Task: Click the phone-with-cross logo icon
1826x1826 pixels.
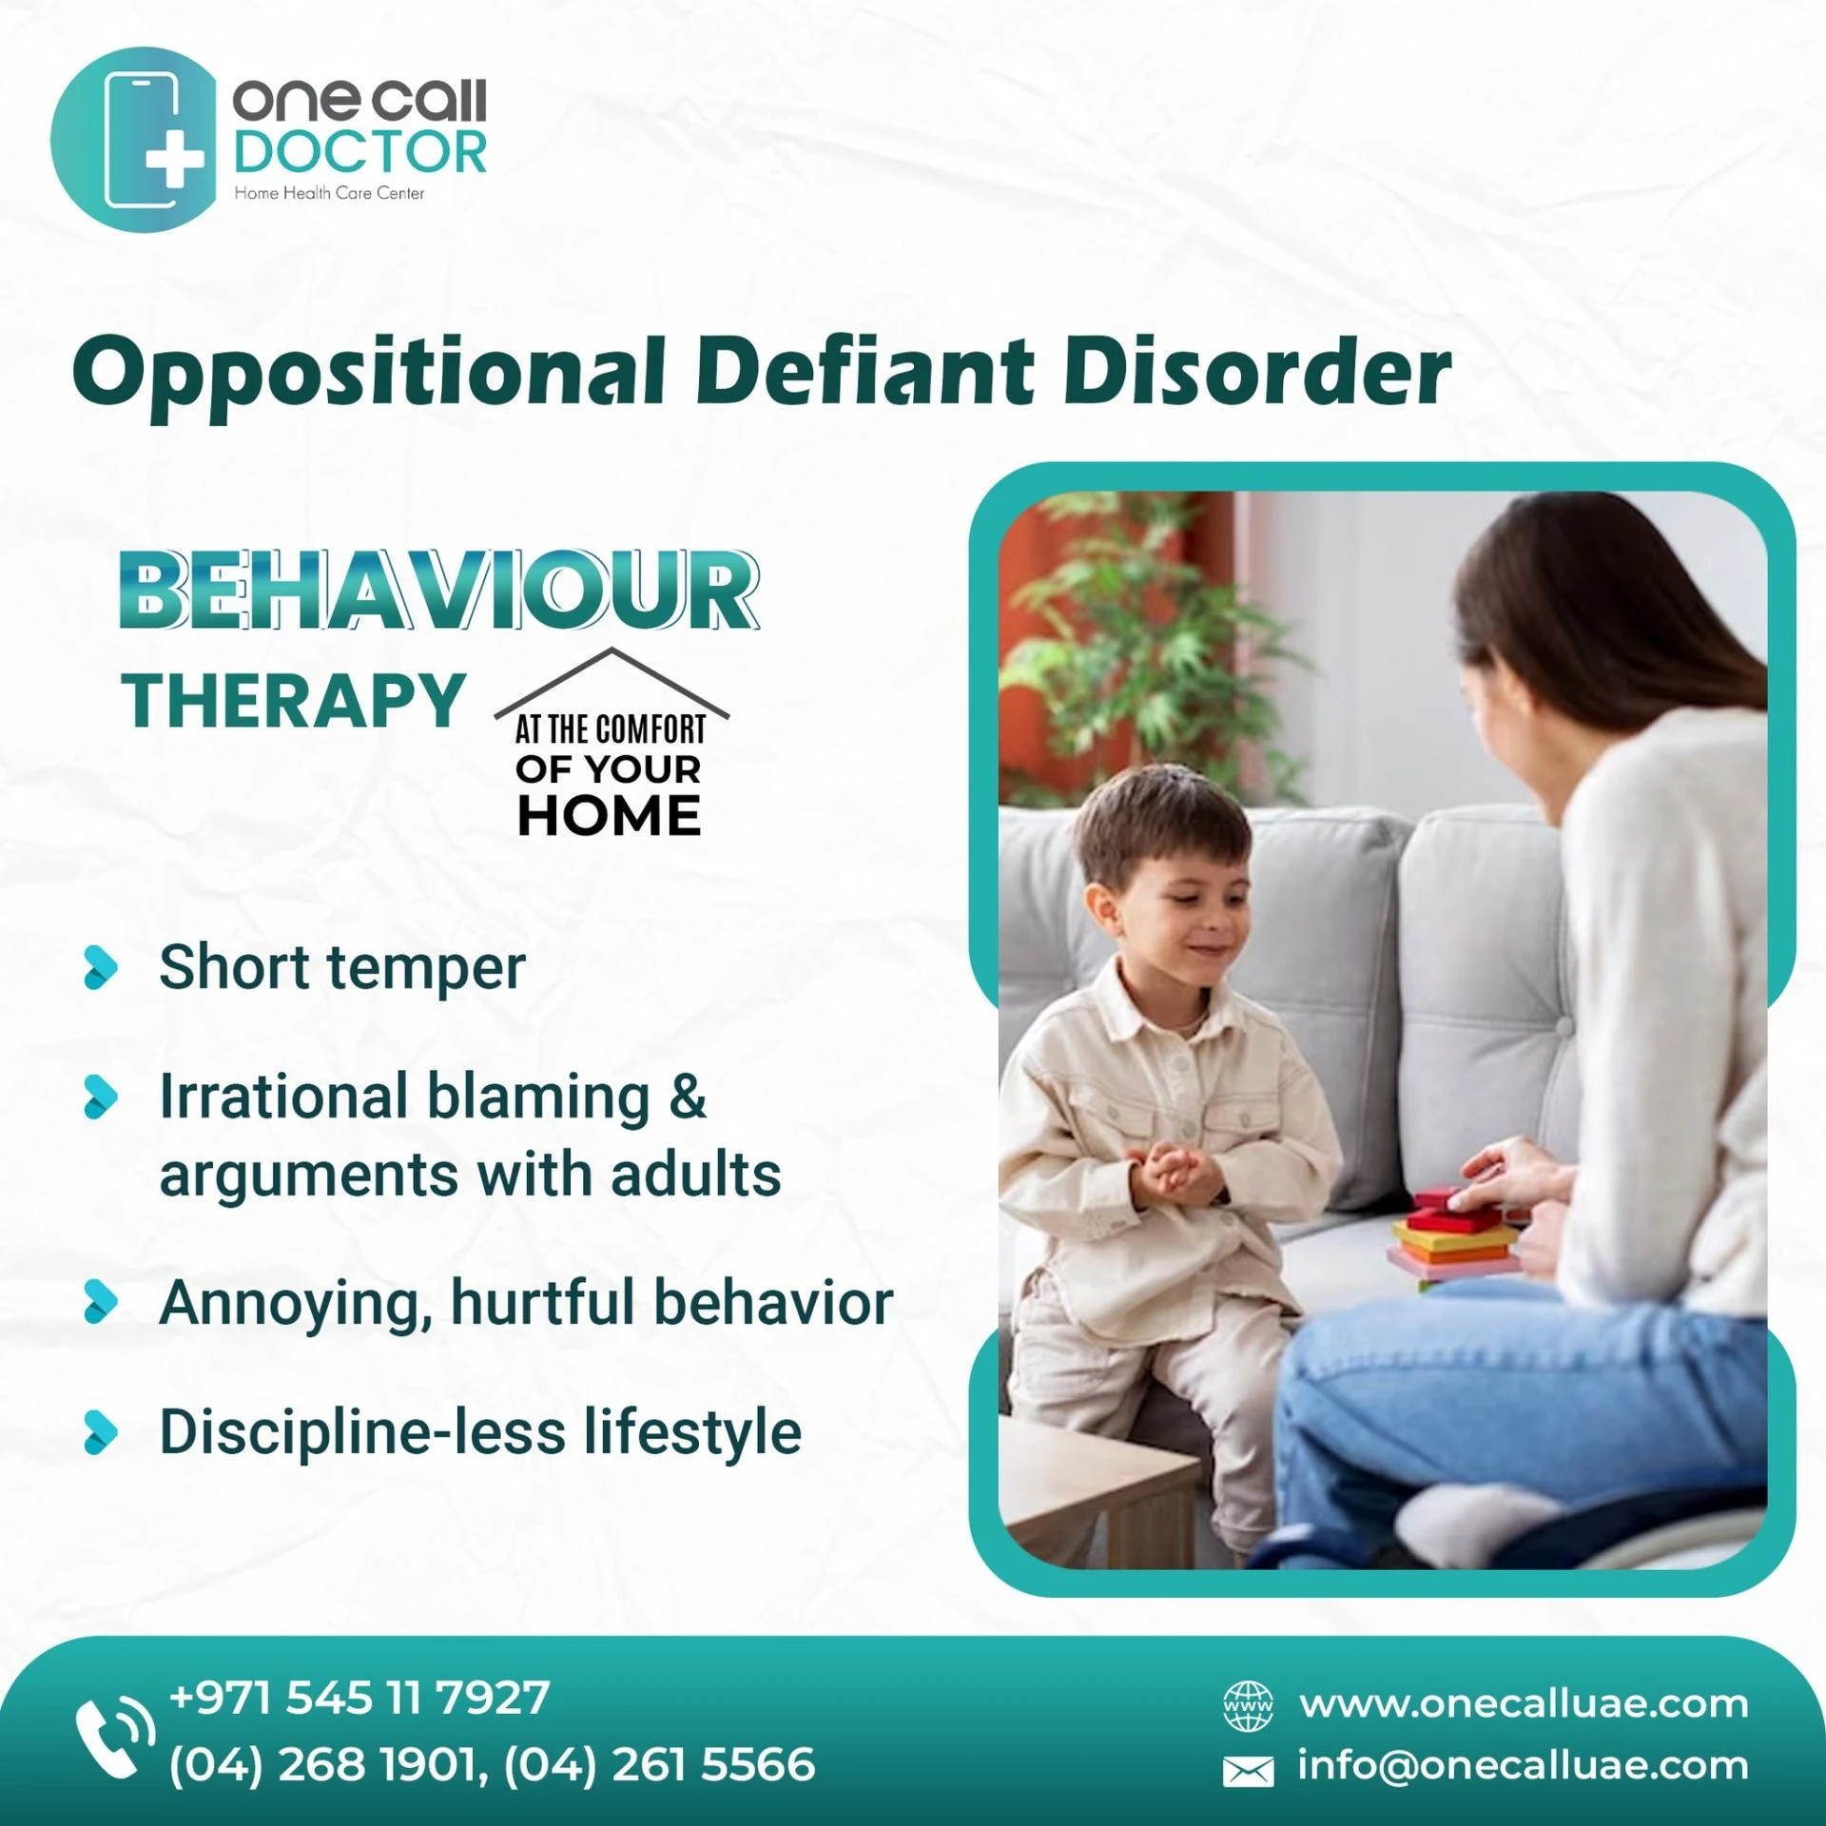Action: [133, 139]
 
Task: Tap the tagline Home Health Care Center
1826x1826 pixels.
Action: [329, 193]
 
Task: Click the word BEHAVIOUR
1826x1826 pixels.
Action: [439, 591]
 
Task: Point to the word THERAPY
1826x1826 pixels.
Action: [294, 702]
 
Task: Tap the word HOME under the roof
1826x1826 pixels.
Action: [609, 816]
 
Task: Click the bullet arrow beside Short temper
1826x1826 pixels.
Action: [101, 968]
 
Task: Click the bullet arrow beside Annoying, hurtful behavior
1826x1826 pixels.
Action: [101, 1302]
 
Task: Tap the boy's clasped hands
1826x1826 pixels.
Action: [1177, 1171]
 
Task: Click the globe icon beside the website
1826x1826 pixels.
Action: [1248, 1705]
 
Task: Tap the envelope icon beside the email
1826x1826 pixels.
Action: [1248, 1771]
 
